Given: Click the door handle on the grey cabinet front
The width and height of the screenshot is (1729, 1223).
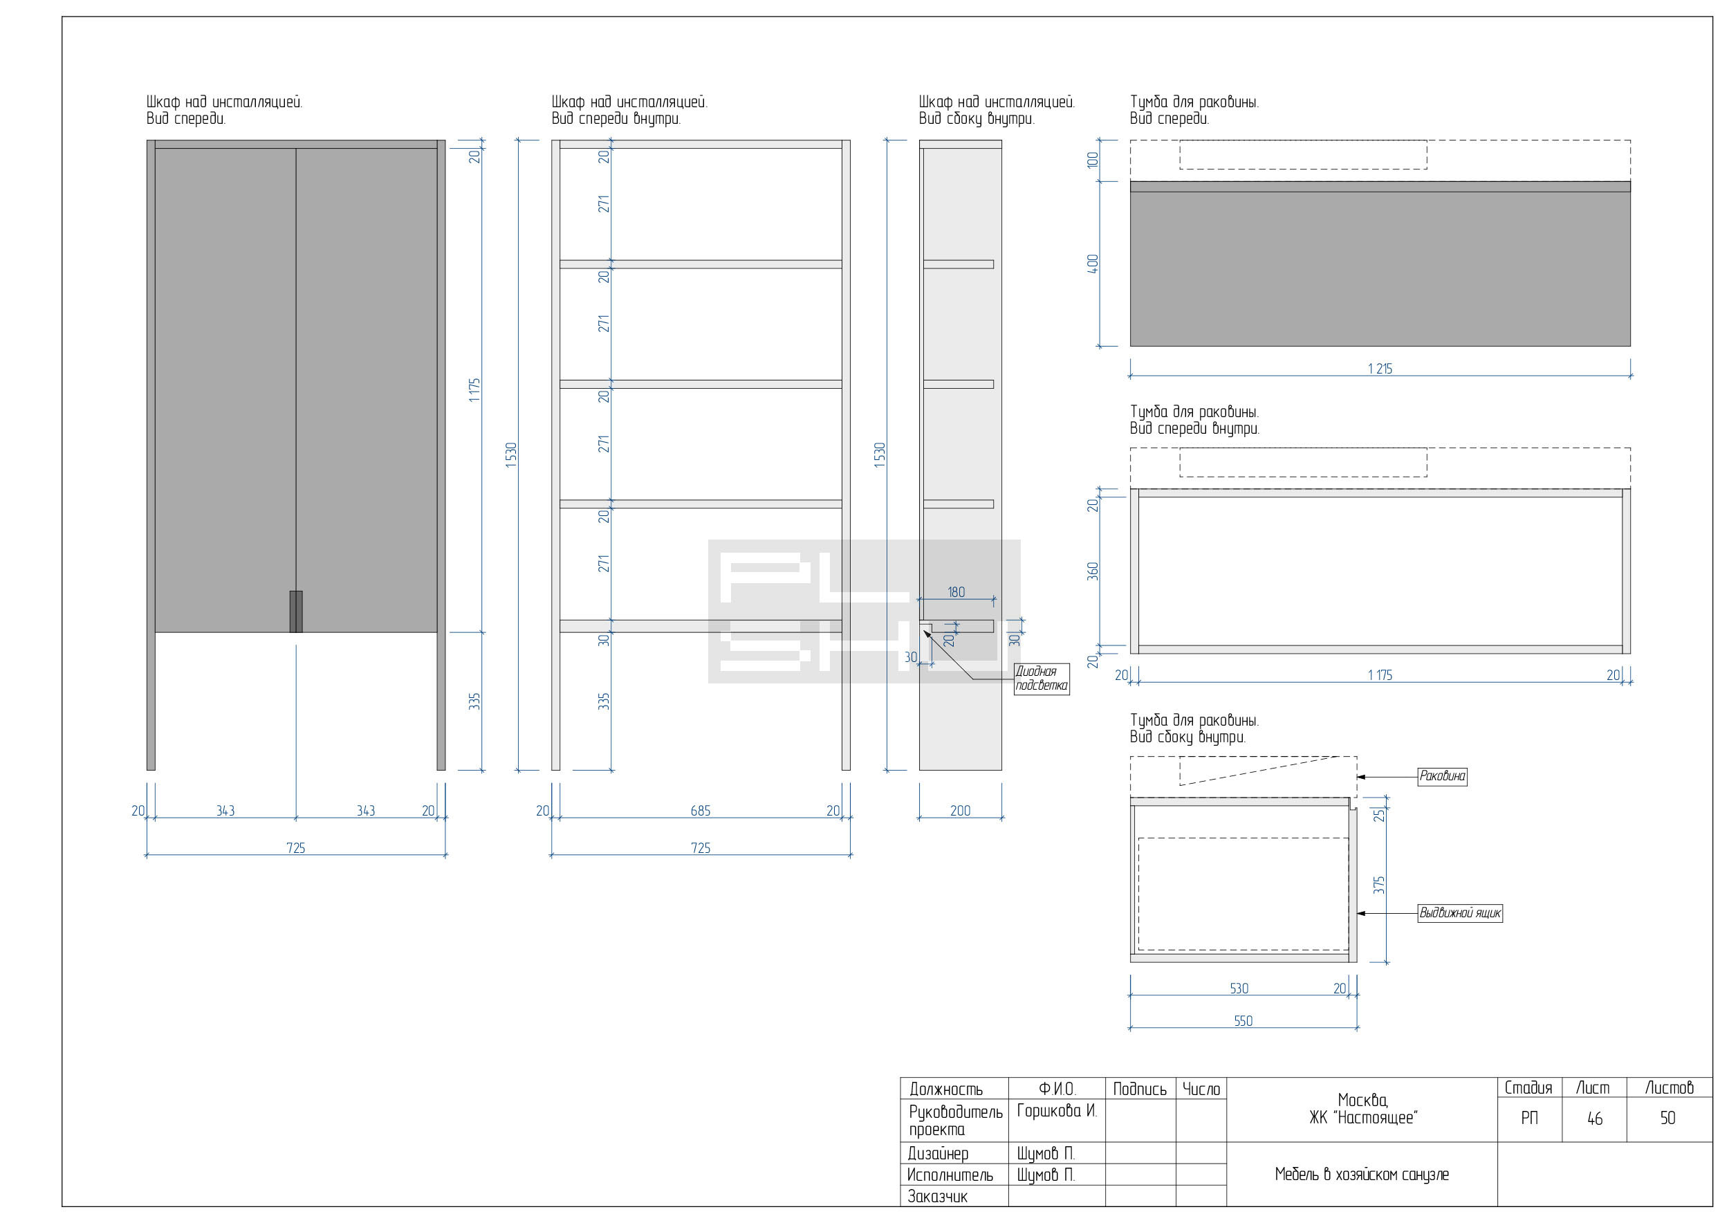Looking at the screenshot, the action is coord(296,611).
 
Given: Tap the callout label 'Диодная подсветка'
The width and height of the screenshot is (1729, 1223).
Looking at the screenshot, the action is coord(1042,679).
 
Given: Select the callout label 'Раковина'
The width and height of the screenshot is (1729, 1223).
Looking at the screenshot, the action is coord(1442,776).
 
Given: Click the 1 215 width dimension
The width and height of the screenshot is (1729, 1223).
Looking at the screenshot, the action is coord(1380,369).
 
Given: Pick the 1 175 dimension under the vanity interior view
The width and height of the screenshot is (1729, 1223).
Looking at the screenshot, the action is coord(1380,676).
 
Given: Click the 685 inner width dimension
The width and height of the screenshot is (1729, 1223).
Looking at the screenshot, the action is coord(701,811).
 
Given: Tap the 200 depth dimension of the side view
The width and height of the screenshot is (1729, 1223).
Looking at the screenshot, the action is coord(960,811).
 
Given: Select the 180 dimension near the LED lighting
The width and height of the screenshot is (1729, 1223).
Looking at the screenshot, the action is coord(956,593).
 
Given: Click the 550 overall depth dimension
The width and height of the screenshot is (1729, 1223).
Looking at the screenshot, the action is coord(1243,1021).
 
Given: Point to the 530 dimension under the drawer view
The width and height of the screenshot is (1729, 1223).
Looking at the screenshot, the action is coord(1239,988).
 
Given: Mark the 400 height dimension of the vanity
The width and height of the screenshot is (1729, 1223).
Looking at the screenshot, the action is coord(1093,264).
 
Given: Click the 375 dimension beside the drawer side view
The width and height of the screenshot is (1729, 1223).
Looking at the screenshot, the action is coord(1379,885).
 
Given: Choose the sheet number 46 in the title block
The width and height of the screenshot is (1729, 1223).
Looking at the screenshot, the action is coord(1595,1119).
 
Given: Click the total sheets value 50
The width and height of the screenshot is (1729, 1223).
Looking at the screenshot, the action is coord(1668,1119).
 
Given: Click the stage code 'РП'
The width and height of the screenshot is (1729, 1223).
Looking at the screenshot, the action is coord(1529,1119).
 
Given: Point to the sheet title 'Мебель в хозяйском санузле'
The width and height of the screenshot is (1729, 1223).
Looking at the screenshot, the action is coord(1362,1175).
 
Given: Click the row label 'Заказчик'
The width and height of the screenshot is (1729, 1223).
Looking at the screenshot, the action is coord(938,1197).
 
